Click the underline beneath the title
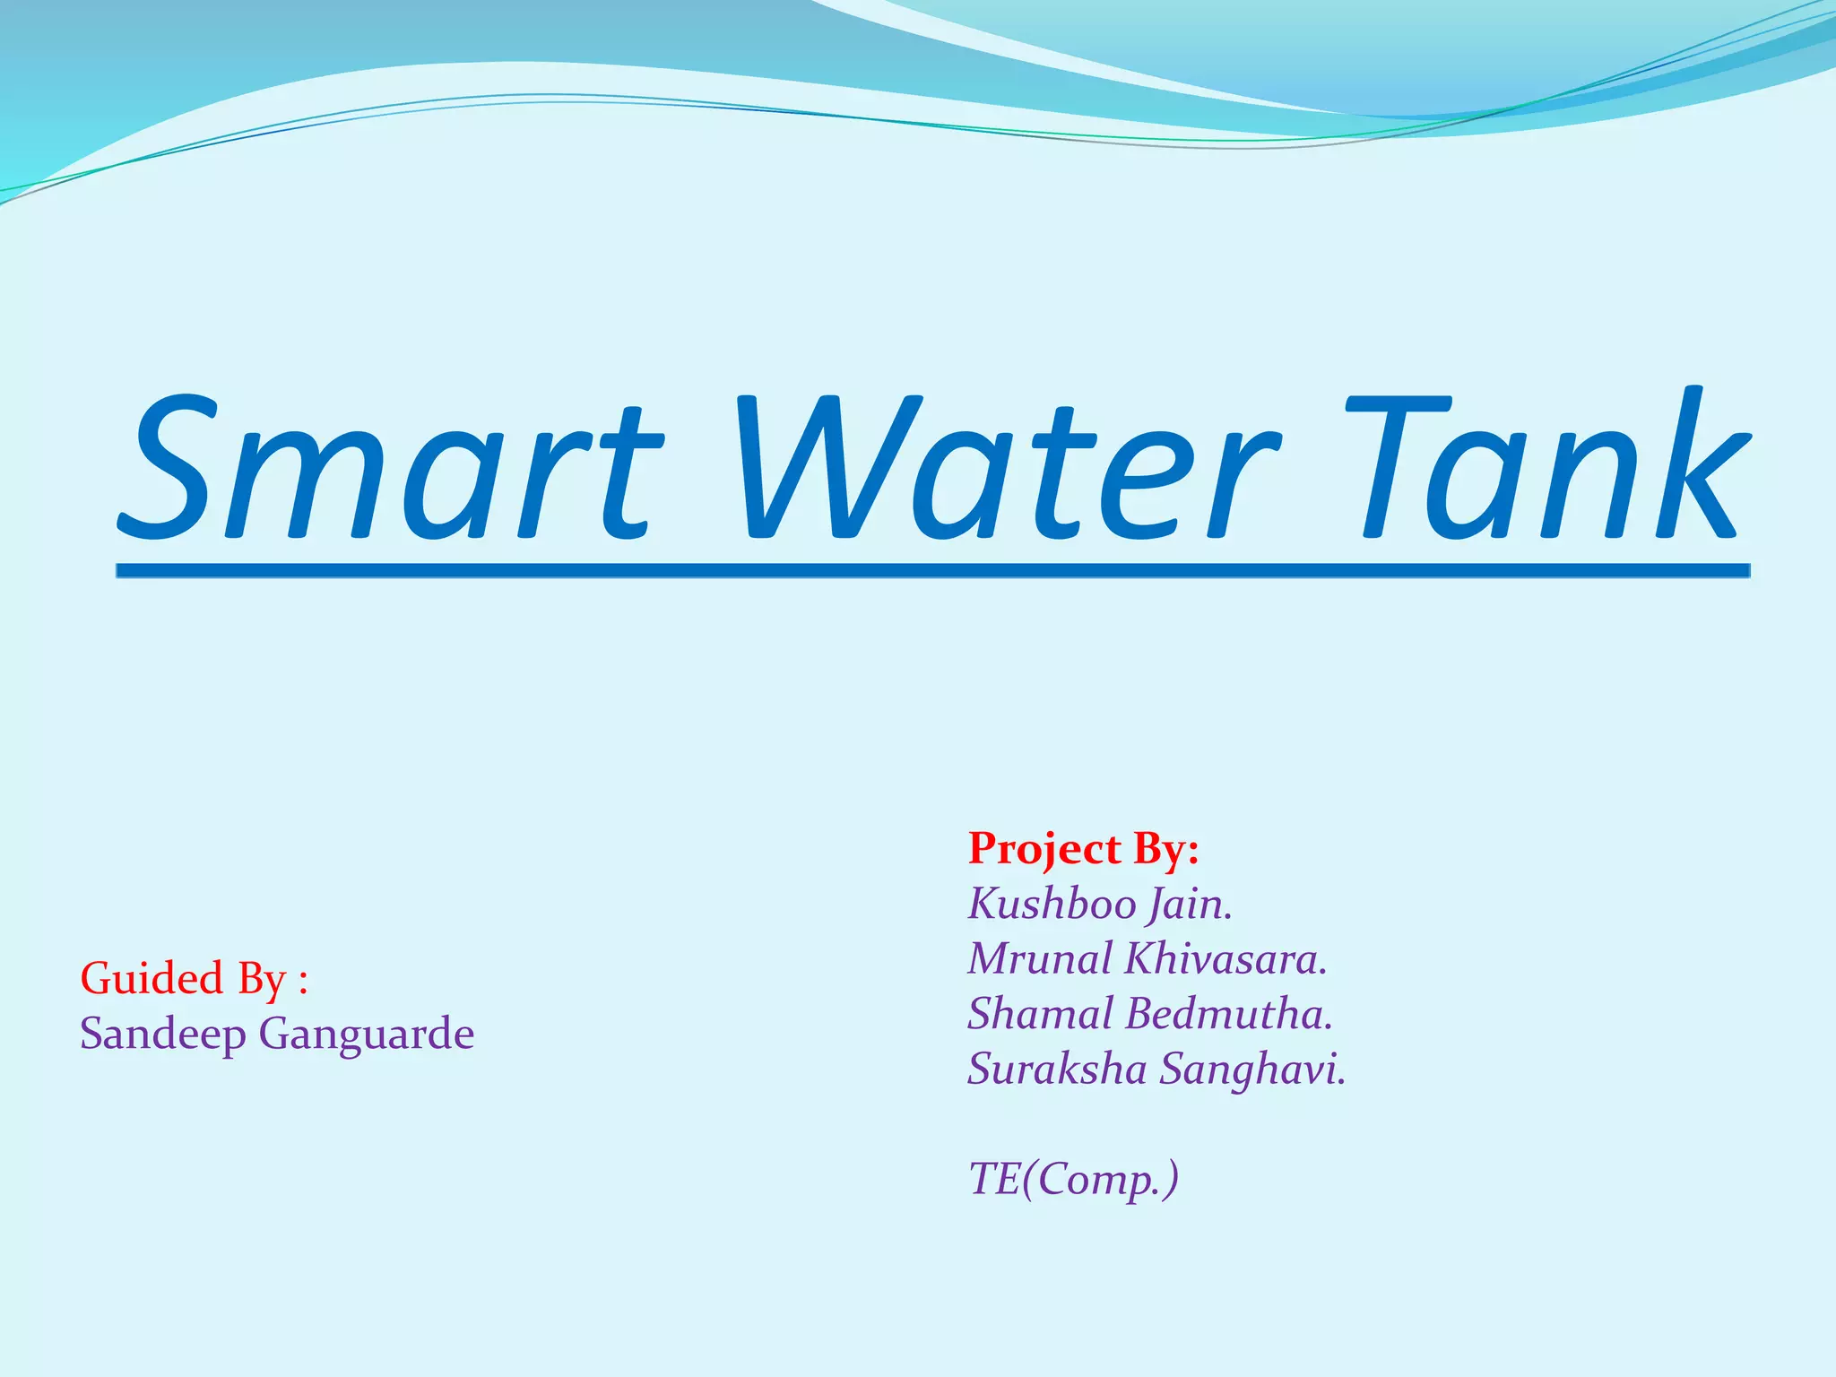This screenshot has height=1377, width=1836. coord(932,570)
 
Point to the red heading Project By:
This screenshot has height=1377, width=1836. coord(1083,849)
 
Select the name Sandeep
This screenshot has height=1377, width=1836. coord(162,1035)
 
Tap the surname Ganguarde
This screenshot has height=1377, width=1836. coord(366,1035)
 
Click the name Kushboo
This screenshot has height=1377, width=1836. coord(1051,904)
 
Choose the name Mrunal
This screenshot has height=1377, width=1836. coord(1040,958)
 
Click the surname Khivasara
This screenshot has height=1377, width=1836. coord(1225,958)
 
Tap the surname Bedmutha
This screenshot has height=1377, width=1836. coord(1228,1014)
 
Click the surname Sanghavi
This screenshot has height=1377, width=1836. coord(1252,1069)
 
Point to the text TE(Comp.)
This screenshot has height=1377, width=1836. coord(1073,1179)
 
